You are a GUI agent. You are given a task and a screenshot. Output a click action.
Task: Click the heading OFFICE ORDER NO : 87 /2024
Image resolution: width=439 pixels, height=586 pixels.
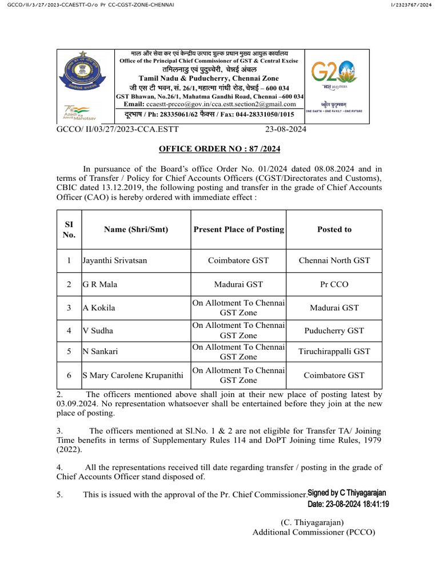coord(219,149)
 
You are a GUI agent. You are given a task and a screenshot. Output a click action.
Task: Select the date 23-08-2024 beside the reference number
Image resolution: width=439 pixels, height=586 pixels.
coord(286,130)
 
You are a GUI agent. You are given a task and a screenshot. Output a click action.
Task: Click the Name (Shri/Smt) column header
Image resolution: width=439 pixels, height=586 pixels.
coord(136,229)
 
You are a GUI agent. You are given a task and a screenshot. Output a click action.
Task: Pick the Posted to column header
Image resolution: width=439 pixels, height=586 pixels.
coord(334,229)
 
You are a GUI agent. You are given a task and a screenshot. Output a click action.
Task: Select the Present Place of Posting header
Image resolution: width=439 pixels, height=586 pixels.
coord(238,229)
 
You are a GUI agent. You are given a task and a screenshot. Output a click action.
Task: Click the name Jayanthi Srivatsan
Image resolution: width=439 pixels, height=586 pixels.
coord(115,260)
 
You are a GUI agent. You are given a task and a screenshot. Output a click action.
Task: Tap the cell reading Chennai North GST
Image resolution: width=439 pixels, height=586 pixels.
coord(334,260)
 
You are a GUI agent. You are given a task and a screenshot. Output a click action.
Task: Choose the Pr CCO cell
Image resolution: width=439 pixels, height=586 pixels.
coord(334,284)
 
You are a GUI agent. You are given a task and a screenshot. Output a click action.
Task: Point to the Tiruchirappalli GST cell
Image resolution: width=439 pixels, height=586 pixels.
coord(334,351)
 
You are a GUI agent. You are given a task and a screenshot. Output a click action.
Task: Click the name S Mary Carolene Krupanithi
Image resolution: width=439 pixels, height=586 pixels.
coord(133,375)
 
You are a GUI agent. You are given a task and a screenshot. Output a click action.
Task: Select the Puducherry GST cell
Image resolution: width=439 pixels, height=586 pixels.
coord(334,330)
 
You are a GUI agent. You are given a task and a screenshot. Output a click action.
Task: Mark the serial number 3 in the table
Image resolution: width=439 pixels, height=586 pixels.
coord(69,308)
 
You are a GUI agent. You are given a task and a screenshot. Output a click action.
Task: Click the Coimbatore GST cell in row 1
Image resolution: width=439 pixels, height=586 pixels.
coord(238,260)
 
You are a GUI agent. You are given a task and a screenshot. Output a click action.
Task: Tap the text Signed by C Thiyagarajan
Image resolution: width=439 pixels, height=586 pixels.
coord(347,493)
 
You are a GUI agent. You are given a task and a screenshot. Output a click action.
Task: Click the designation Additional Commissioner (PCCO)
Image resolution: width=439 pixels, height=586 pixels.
coord(314,532)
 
